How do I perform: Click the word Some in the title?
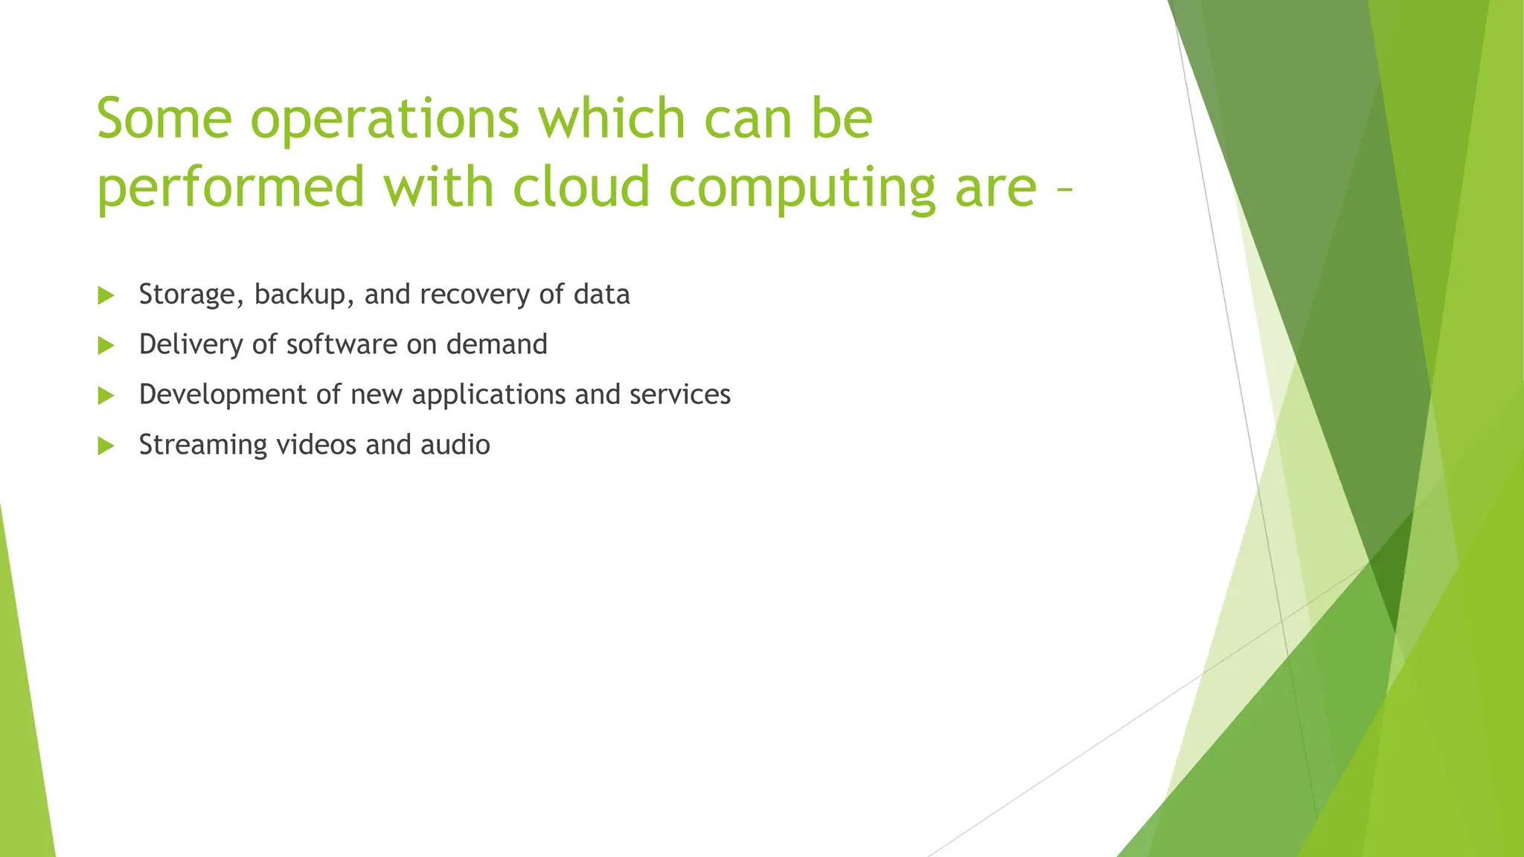[x=164, y=118]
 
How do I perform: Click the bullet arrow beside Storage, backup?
[x=106, y=295]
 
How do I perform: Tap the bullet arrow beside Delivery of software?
[x=106, y=345]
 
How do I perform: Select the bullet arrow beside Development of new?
[x=106, y=395]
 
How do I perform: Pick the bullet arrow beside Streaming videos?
[x=106, y=446]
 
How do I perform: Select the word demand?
[x=496, y=344]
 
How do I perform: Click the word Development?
[x=222, y=395]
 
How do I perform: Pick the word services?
[x=680, y=394]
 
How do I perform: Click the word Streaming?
[x=202, y=446]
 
